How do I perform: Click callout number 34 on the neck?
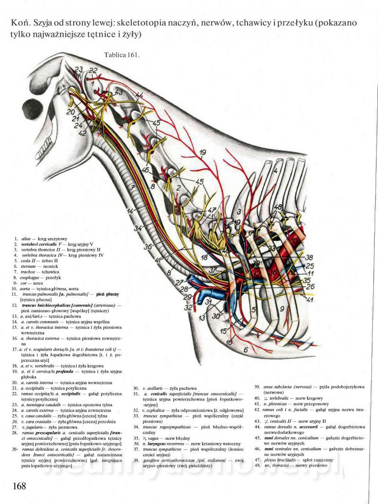click(x=137, y=228)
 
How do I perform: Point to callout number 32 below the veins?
click(x=188, y=308)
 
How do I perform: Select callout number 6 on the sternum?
click(x=245, y=350)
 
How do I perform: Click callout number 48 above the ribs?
click(x=278, y=207)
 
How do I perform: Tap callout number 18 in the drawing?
click(x=204, y=257)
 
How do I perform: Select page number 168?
click(x=19, y=486)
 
